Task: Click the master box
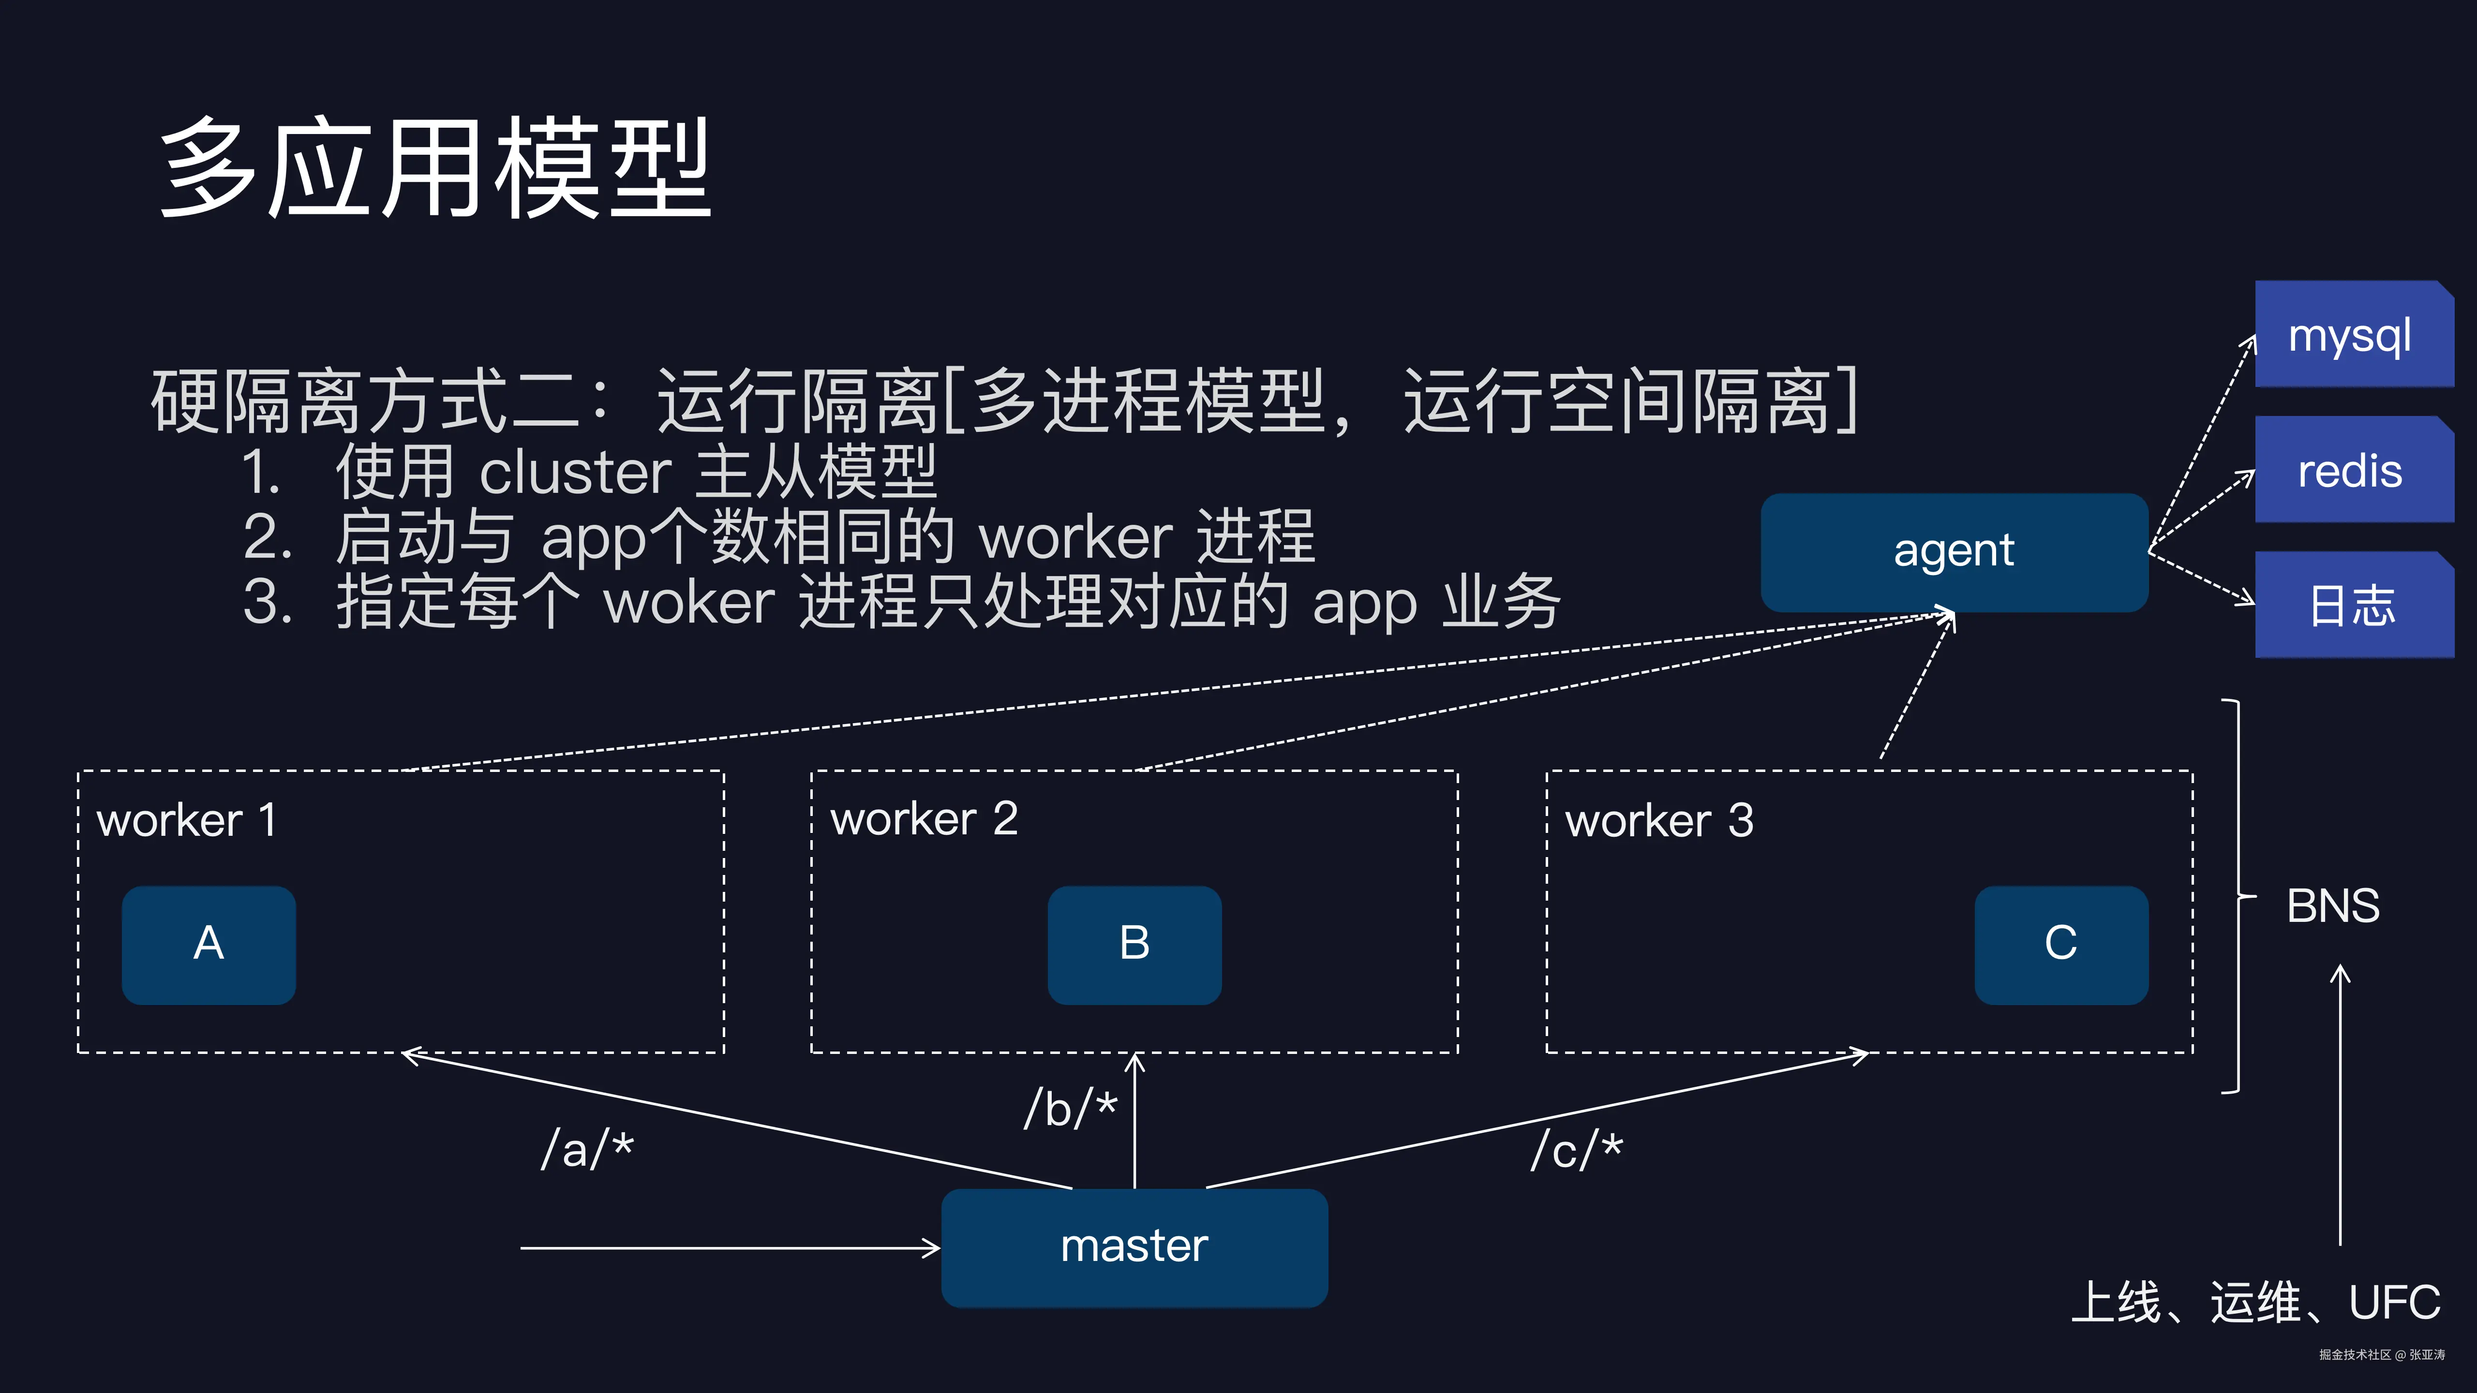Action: coord(1134,1247)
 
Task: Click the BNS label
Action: coord(2333,905)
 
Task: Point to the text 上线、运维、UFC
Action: coord(2255,1303)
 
